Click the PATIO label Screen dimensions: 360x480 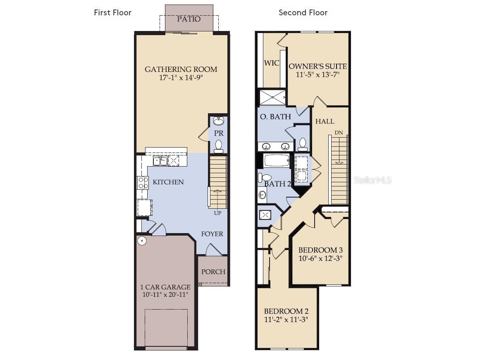click(x=189, y=19)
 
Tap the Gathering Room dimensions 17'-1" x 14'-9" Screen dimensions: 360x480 click(x=181, y=78)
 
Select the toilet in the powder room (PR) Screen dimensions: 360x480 click(x=219, y=146)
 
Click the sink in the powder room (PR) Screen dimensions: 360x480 click(x=219, y=121)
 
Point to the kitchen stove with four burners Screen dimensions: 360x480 click(x=143, y=183)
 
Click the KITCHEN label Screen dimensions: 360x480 click(x=168, y=182)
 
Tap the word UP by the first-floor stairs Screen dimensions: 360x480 click(x=217, y=213)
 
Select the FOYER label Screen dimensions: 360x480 click(x=212, y=234)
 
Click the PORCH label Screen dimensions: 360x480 click(x=213, y=272)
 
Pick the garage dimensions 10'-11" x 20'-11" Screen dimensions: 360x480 click(x=165, y=295)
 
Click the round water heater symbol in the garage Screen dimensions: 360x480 click(x=142, y=241)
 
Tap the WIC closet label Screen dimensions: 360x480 click(x=272, y=63)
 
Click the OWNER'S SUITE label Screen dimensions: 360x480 click(x=318, y=66)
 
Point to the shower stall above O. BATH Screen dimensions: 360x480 click(x=272, y=98)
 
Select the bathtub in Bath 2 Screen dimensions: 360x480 click(x=277, y=161)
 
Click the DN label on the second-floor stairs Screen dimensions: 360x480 click(x=339, y=133)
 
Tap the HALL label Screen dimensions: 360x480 click(x=325, y=122)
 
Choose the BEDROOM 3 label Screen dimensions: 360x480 click(x=320, y=250)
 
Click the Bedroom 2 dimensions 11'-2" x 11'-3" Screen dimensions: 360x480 click(x=286, y=319)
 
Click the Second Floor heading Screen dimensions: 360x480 click(x=303, y=12)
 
